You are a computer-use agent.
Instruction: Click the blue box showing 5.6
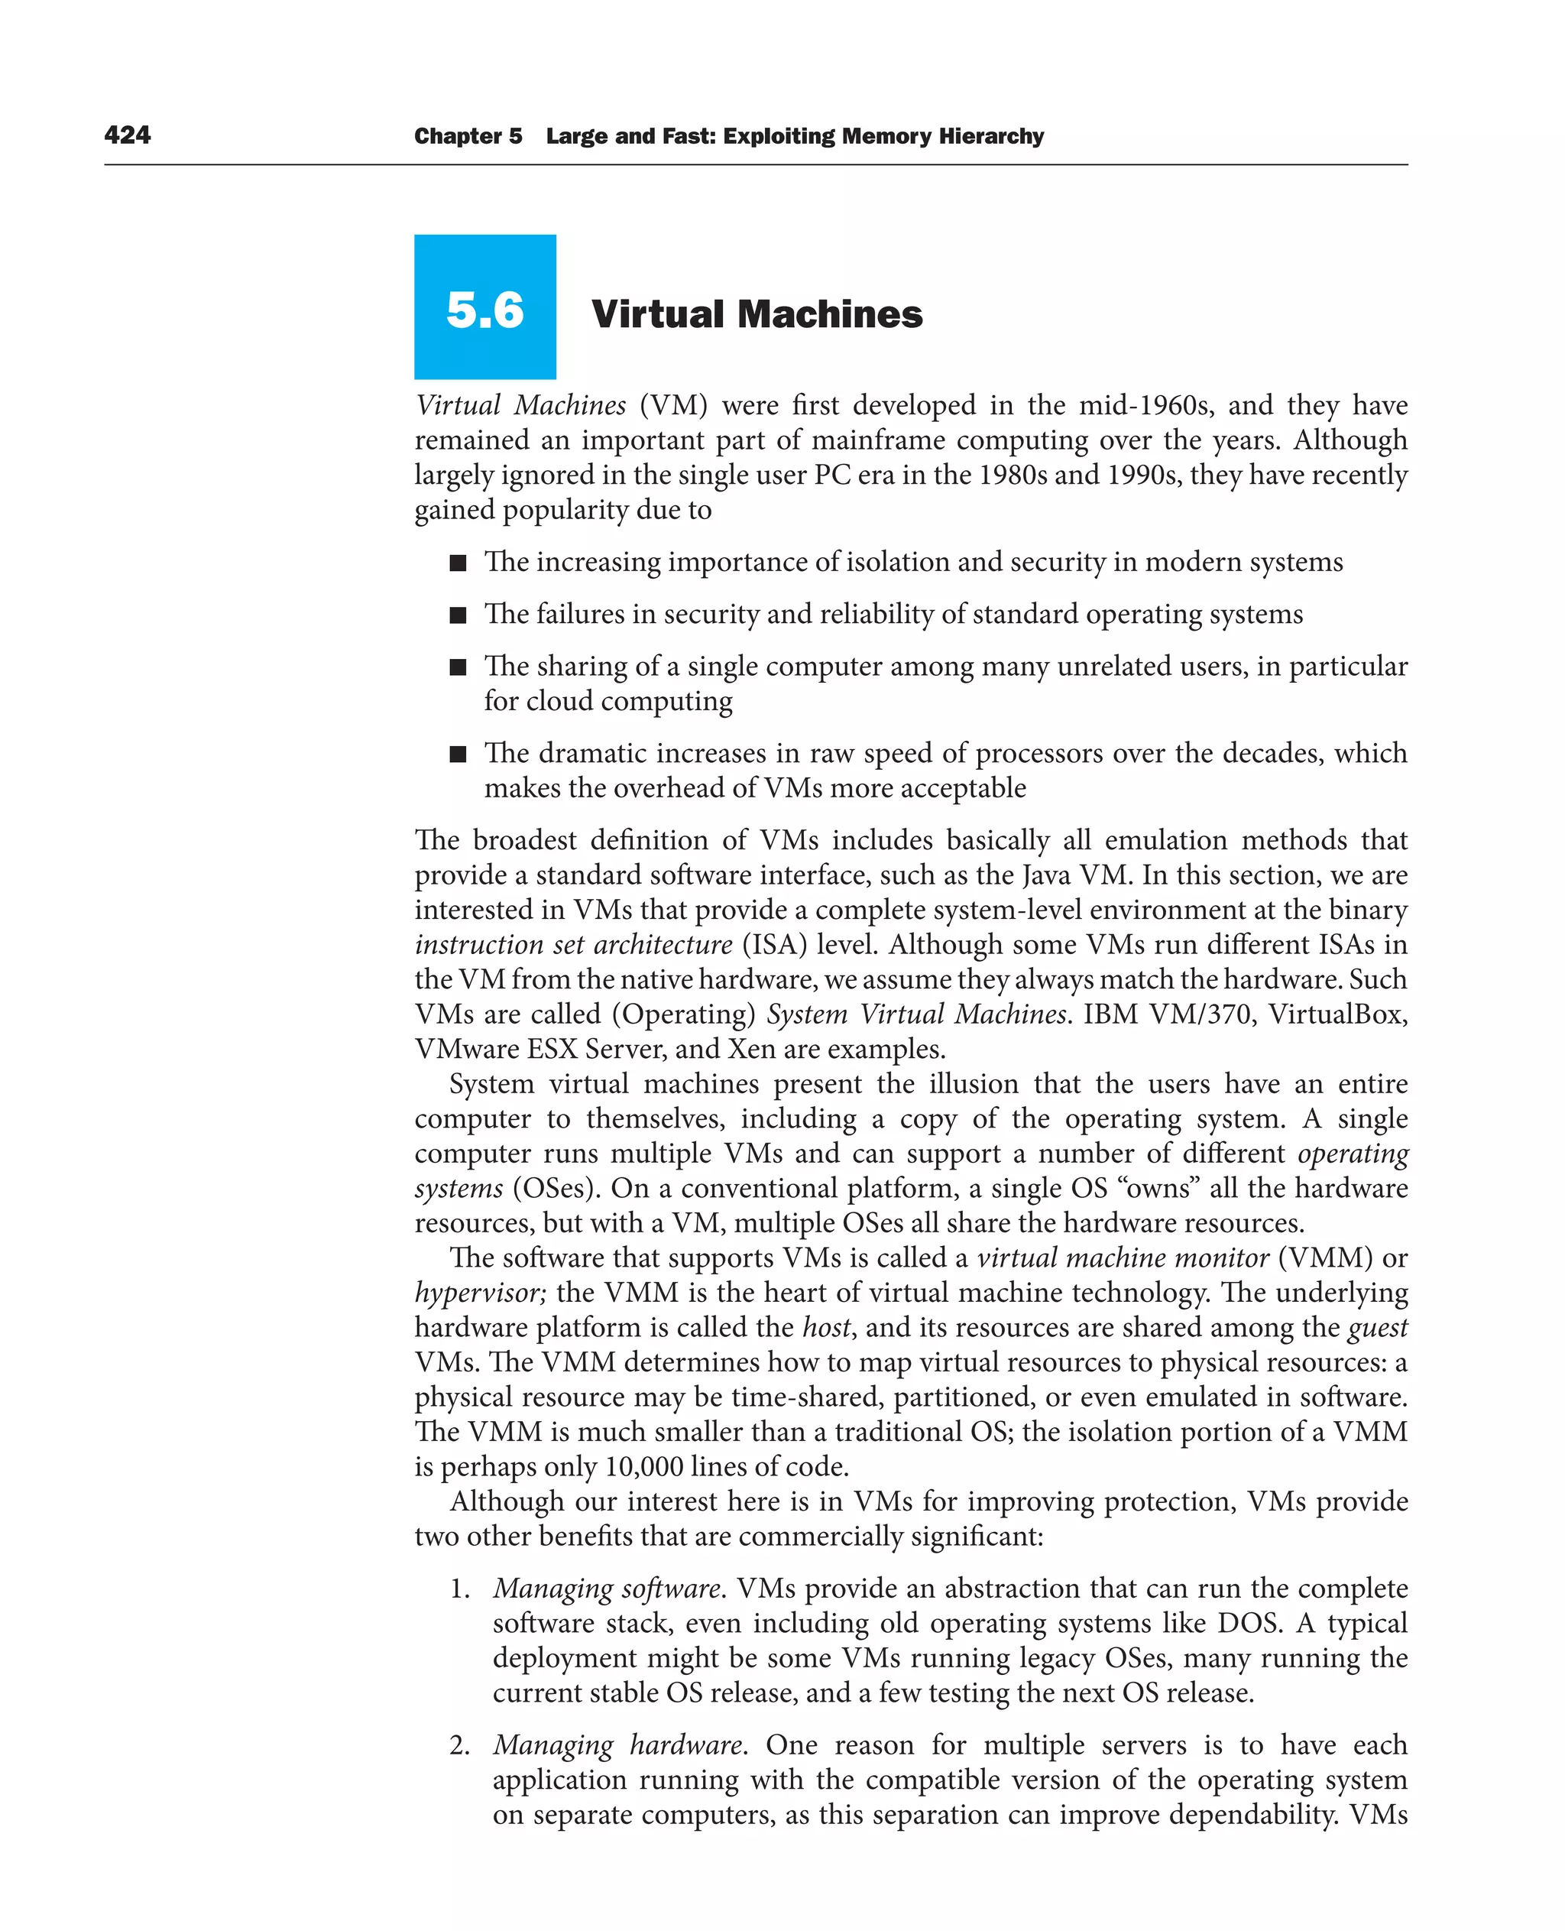pyautogui.click(x=485, y=307)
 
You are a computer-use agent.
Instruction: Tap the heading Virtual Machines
pyautogui.click(x=757, y=314)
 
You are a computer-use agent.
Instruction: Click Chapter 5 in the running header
pyautogui.click(x=468, y=136)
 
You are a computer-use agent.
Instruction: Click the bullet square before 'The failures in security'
pyautogui.click(x=458, y=615)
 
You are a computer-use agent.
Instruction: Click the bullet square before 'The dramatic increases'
pyautogui.click(x=458, y=754)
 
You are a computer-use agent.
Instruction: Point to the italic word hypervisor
pyautogui.click(x=478, y=1293)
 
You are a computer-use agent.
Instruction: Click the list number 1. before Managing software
pyautogui.click(x=460, y=1589)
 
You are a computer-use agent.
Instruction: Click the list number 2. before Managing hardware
pyautogui.click(x=460, y=1745)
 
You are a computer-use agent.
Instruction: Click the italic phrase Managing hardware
pyautogui.click(x=617, y=1745)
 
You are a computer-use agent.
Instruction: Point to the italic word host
pyautogui.click(x=826, y=1328)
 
